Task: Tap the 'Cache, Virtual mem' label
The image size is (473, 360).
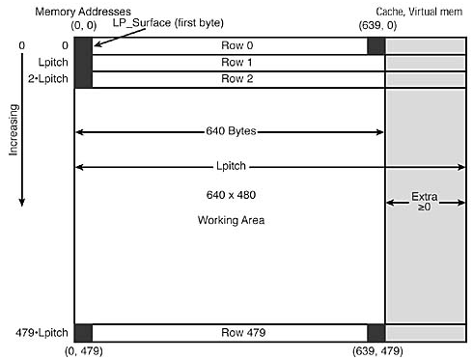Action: pos(419,10)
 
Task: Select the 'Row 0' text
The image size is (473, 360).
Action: pos(229,46)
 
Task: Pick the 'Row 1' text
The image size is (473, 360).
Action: pos(229,62)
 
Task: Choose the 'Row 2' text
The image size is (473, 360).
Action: pos(229,77)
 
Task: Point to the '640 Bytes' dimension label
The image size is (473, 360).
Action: pos(229,130)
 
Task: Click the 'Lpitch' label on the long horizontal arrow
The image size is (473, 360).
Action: pos(229,166)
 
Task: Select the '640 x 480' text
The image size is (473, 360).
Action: pos(229,195)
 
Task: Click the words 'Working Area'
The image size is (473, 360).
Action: pos(229,220)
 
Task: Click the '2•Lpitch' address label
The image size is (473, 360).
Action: pos(44,77)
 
